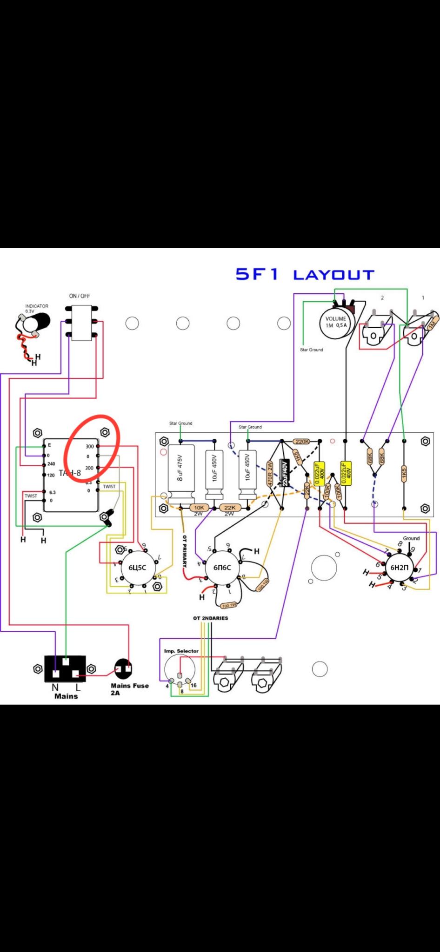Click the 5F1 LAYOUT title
pyautogui.click(x=305, y=274)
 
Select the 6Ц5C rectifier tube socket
pyautogui.click(x=134, y=567)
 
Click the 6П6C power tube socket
pyautogui.click(x=222, y=568)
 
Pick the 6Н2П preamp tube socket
pyautogui.click(x=399, y=567)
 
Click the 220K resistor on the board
pyautogui.click(x=302, y=441)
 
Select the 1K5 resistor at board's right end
pyautogui.click(x=404, y=474)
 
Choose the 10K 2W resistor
pyautogui.click(x=199, y=508)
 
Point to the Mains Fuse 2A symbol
pyautogui.click(x=123, y=668)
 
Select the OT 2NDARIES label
pyautogui.click(x=211, y=618)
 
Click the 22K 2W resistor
pyautogui.click(x=230, y=508)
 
